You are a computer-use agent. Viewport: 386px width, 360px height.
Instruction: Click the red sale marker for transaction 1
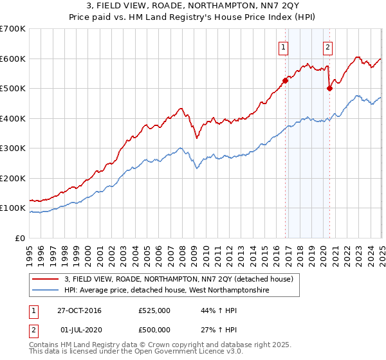pyautogui.click(x=285, y=80)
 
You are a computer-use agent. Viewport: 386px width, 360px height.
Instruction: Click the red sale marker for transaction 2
pyautogui.click(x=329, y=88)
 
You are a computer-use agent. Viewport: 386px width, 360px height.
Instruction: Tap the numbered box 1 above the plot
pyautogui.click(x=284, y=46)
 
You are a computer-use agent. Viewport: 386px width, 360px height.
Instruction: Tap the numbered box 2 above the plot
pyautogui.click(x=327, y=46)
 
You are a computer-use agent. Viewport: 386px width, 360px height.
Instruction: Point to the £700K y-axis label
pyautogui.click(x=13, y=29)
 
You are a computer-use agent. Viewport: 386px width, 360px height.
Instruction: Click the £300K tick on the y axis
pyautogui.click(x=13, y=148)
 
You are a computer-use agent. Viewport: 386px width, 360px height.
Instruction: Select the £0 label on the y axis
pyautogui.click(x=20, y=238)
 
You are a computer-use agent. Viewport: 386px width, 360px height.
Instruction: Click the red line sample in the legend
pyautogui.click(x=45, y=279)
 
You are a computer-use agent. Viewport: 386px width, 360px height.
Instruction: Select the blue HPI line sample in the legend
pyautogui.click(x=45, y=291)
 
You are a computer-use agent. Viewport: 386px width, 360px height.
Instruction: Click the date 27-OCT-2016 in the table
pyautogui.click(x=79, y=310)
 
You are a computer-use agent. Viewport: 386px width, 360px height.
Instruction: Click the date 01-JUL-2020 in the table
pyautogui.click(x=79, y=330)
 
